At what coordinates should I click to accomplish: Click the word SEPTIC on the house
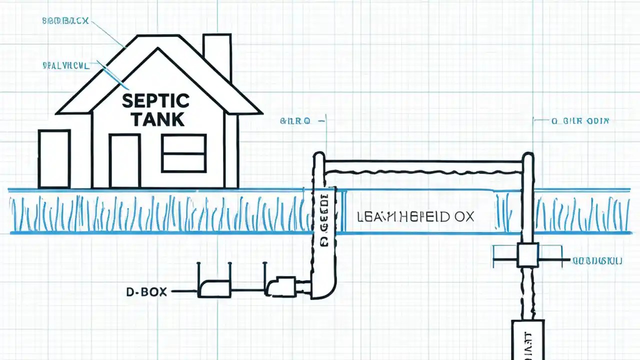155,100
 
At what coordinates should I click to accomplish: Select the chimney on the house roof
217,55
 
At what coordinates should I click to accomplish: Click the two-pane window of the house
183,153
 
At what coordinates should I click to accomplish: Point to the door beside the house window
124,160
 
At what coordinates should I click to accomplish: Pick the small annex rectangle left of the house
54,158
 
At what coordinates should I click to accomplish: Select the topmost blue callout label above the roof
65,21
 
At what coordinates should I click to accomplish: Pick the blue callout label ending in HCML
65,65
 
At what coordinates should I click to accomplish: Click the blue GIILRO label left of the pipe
295,121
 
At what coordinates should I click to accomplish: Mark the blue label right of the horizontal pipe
579,121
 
